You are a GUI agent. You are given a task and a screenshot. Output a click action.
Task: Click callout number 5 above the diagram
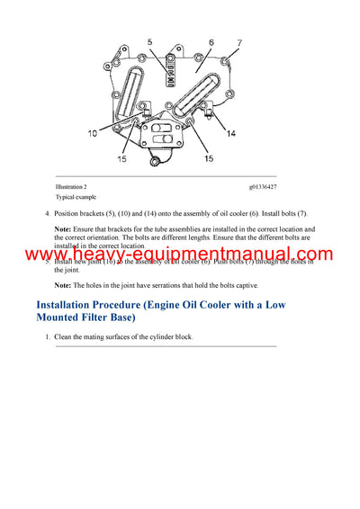pos(150,41)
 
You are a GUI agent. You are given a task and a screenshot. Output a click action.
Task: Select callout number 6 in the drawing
pos(211,41)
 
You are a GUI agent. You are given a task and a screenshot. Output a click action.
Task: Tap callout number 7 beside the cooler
pos(240,42)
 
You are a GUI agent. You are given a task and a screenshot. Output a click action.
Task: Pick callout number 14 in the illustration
pos(232,133)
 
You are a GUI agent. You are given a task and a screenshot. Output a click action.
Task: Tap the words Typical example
pos(76,196)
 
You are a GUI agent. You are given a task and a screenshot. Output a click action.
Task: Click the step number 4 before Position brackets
pos(46,213)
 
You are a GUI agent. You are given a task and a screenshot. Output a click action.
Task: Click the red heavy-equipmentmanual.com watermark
pos(179,255)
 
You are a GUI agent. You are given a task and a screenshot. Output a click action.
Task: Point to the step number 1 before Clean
pos(46,336)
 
